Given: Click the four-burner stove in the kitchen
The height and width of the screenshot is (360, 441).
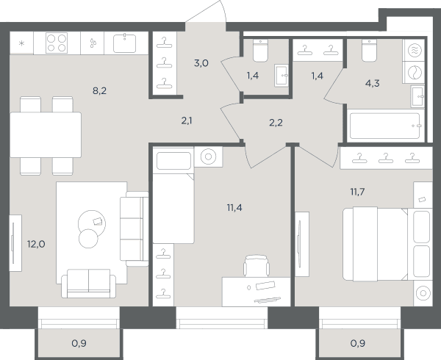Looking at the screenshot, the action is coord(57,43).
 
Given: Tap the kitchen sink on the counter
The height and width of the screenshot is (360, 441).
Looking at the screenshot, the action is coord(125,43).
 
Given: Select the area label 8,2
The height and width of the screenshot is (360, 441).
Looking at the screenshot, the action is coord(99,91).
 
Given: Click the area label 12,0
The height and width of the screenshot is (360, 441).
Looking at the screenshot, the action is coord(36,244).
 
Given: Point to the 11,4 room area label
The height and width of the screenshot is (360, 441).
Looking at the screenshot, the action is coord(234,208).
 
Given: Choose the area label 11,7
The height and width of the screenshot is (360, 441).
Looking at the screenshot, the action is coord(357,192).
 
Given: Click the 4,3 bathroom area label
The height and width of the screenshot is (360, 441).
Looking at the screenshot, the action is coord(372,83).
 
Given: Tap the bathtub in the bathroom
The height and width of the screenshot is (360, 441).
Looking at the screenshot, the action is coord(386,126).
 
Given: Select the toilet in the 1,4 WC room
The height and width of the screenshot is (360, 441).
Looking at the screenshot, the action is coord(260,50).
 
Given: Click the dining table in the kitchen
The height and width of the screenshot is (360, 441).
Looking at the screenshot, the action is coord(46,135).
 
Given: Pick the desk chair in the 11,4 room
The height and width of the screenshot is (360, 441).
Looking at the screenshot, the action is coord(257,266).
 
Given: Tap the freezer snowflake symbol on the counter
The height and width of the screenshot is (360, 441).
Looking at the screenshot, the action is coord(21,43).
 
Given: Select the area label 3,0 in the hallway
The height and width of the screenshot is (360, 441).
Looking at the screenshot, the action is coord(201,63).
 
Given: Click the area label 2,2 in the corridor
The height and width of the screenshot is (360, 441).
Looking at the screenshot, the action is coord(276,123).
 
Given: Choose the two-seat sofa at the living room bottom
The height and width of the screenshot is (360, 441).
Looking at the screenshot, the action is coord(89,284).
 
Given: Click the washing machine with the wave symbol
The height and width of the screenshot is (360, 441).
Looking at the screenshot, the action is coord(415,50).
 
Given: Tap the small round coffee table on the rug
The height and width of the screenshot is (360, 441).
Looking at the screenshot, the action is coord(88,239).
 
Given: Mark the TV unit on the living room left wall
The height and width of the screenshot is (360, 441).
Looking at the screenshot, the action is coord(15,243).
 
